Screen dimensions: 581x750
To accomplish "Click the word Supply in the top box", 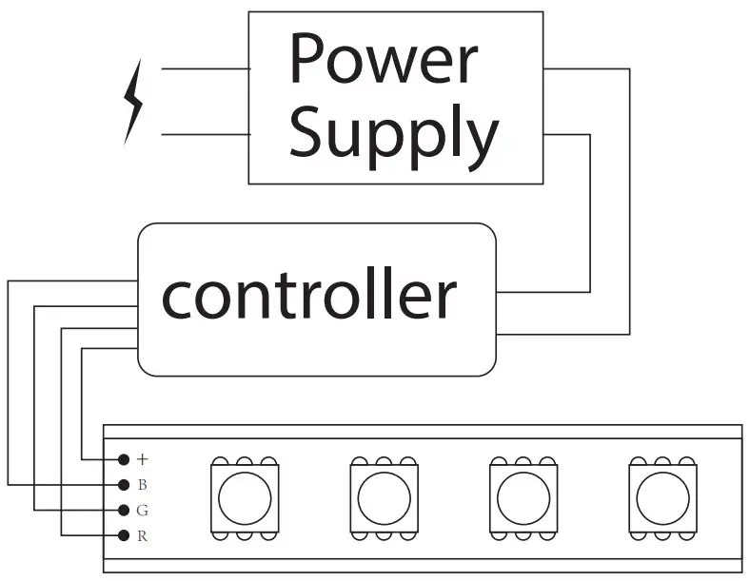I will (392, 133).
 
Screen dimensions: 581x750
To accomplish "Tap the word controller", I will (308, 296).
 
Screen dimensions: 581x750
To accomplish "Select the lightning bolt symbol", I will (133, 101).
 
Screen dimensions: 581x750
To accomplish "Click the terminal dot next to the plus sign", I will (124, 459).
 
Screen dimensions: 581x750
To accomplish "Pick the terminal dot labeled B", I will (124, 485).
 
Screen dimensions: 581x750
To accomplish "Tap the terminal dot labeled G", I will (124, 510).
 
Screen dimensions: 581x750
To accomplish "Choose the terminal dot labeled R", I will (124, 535).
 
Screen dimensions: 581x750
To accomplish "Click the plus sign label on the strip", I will (143, 459).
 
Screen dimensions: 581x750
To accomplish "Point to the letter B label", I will (143, 485).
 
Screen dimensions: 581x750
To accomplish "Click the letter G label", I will (143, 511).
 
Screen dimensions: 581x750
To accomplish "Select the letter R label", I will (143, 536).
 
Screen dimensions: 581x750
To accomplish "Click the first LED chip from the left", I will (245, 497).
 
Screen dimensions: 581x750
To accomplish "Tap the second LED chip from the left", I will (385, 497).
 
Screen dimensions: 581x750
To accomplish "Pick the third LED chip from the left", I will (523, 497).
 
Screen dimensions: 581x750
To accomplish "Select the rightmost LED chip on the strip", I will (662, 497).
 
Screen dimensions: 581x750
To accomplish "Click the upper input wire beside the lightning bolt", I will (205, 68).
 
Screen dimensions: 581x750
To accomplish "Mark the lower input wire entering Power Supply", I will (205, 134).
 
